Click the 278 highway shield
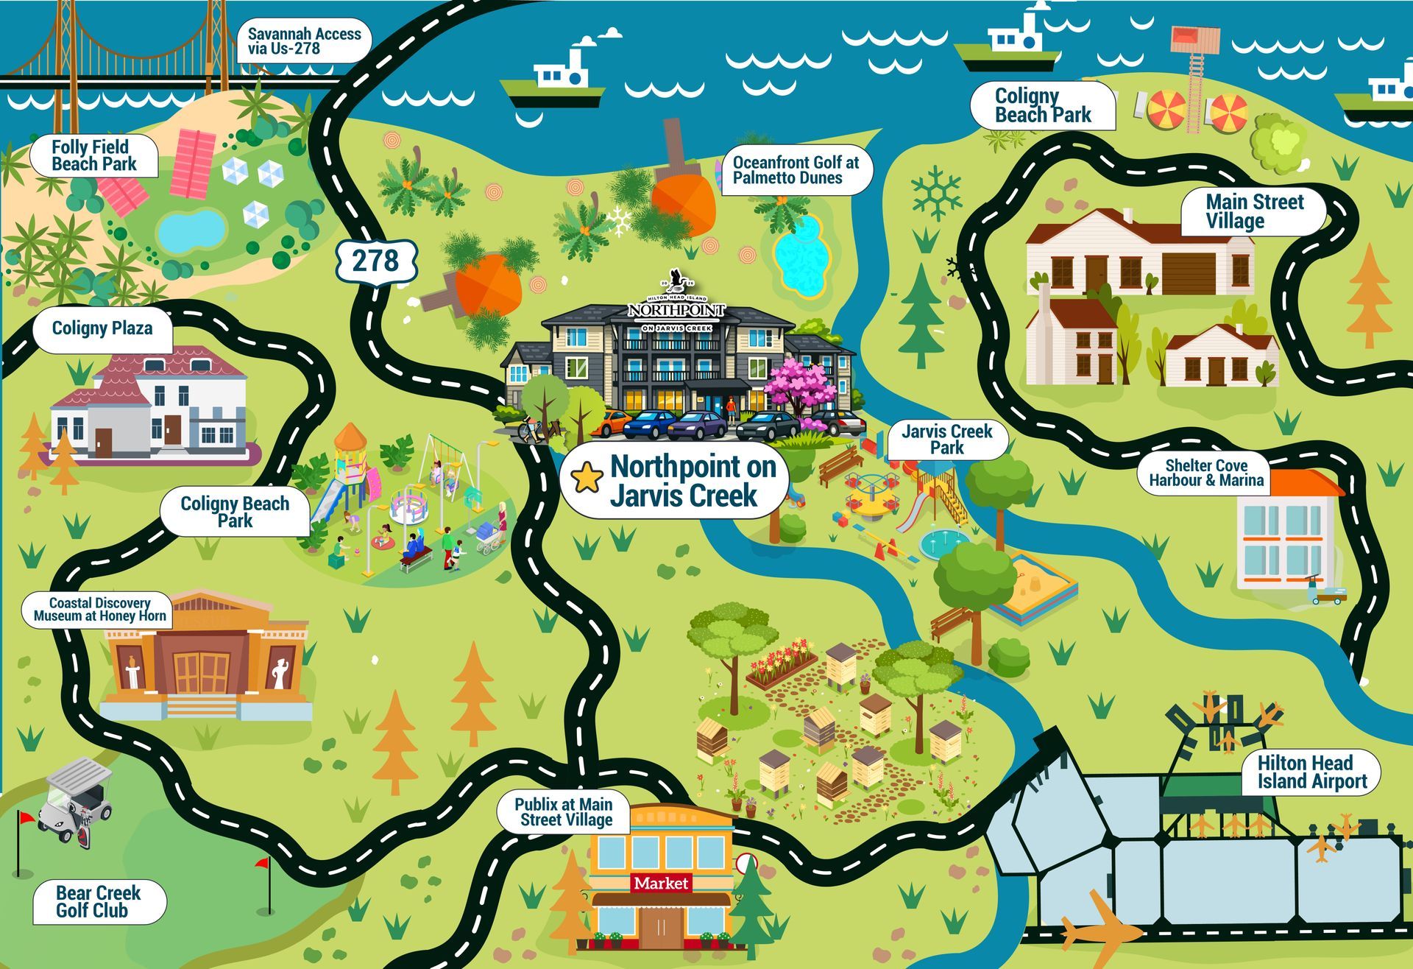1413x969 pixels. tap(376, 261)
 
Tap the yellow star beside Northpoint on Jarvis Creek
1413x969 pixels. tap(587, 478)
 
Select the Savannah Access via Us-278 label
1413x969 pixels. tap(303, 41)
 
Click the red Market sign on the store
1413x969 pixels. tap(661, 883)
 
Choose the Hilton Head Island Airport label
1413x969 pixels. tap(1311, 772)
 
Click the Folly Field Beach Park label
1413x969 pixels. tap(94, 155)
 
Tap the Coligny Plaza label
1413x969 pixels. tap(102, 328)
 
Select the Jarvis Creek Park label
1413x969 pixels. tap(946, 440)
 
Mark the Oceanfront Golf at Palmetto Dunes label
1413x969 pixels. tap(795, 170)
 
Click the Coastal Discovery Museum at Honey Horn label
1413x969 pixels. tap(99, 610)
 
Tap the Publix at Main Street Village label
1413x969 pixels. tap(564, 812)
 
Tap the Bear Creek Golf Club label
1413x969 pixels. tap(98, 902)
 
